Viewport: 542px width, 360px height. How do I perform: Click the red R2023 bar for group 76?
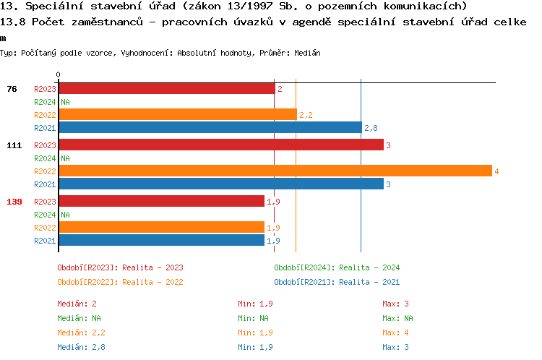point(166,88)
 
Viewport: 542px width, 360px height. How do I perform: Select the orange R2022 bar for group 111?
point(275,171)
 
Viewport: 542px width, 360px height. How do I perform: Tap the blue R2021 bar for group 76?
point(210,127)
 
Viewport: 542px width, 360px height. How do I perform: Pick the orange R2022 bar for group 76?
point(177,114)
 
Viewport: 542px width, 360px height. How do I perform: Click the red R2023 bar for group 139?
point(161,202)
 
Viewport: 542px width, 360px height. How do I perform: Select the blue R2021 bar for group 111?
point(220,184)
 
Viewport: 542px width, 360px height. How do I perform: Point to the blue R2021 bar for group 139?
point(161,241)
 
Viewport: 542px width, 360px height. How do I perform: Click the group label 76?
point(12,89)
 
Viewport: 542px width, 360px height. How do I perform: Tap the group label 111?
point(14,145)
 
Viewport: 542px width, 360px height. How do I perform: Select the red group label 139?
point(14,202)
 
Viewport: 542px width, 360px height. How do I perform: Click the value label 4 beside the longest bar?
point(496,171)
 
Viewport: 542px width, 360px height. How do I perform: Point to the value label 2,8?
point(371,128)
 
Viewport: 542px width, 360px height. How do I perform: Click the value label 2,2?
point(306,115)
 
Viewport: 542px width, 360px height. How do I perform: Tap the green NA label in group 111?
point(65,158)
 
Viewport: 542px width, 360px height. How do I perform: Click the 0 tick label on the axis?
point(58,74)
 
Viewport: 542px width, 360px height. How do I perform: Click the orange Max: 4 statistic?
point(397,333)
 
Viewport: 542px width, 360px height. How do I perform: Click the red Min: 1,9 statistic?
point(256,304)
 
